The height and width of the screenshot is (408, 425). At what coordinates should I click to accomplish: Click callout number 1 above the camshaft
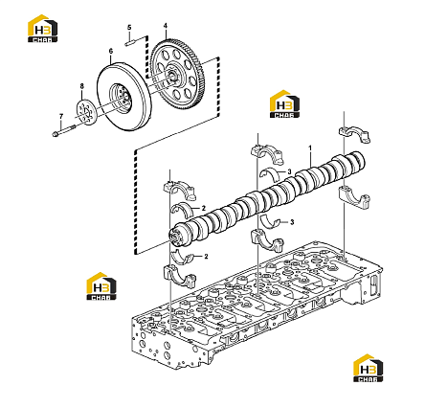tap(310, 148)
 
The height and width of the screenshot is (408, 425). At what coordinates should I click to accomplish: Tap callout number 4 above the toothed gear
tap(166, 25)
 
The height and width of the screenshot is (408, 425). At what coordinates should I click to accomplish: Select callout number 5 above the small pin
tap(129, 28)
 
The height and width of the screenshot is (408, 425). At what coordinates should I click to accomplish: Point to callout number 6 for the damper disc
tap(111, 51)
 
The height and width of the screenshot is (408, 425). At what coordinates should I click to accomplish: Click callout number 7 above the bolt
tap(61, 116)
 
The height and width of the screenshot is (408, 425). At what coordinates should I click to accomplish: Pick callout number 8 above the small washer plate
tap(81, 86)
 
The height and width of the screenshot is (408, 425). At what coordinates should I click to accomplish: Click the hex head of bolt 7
tap(55, 134)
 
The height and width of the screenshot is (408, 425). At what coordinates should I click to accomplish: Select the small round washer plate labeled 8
tap(85, 112)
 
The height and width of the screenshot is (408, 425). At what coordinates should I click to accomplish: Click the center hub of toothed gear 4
tap(173, 76)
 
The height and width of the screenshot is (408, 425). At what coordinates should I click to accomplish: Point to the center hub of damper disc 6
tap(121, 98)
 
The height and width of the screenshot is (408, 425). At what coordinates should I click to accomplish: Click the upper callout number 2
tap(203, 208)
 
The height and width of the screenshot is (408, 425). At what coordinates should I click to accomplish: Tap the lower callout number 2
tap(206, 256)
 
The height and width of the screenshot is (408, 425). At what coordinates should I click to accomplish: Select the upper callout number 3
tap(289, 171)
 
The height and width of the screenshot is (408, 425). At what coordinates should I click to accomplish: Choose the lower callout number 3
tap(292, 222)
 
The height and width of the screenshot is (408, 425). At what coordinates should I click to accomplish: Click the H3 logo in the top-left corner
tap(43, 29)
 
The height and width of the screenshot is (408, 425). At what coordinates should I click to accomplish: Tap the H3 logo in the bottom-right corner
tap(369, 368)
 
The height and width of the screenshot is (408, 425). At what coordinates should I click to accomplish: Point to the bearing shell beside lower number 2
tap(183, 258)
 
